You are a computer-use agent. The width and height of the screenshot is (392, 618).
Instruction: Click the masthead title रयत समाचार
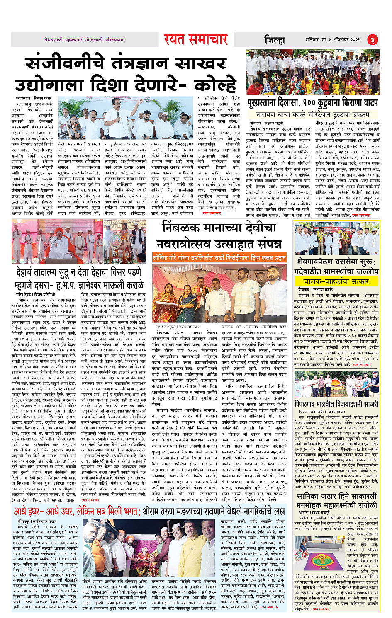pyautogui.click(x=195, y=39)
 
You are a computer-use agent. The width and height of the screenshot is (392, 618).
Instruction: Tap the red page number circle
pyautogui.click(x=372, y=40)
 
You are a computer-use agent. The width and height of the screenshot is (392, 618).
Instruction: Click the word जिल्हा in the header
pyautogui.click(x=275, y=40)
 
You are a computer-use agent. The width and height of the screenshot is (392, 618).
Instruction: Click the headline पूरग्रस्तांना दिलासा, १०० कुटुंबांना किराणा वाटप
pyautogui.click(x=312, y=102)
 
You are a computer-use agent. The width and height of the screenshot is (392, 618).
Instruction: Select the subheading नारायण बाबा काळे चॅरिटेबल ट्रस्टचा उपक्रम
pyautogui.click(x=312, y=114)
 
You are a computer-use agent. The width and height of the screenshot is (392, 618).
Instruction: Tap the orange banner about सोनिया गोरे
pyautogui.click(x=219, y=257)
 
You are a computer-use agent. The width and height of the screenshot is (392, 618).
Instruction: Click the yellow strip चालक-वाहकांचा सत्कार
pyautogui.click(x=336, y=281)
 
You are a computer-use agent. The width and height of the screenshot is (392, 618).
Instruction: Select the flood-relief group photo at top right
pyautogui.click(x=312, y=73)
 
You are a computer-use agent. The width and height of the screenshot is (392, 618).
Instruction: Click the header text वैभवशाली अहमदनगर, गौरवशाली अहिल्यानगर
pyautogui.click(x=85, y=40)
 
